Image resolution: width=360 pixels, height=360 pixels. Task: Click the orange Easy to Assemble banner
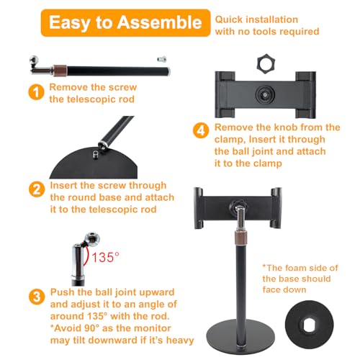click(125, 23)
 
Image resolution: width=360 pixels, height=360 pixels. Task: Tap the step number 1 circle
click(36, 92)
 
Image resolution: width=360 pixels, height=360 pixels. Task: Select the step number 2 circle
click(37, 189)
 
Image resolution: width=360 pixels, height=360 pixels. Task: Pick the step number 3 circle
click(37, 297)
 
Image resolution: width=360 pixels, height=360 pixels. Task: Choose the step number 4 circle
click(201, 130)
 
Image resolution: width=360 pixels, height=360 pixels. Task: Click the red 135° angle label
click(106, 257)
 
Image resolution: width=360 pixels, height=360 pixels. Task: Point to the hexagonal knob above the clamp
click(266, 64)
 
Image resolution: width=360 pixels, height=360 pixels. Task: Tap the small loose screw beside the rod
click(162, 59)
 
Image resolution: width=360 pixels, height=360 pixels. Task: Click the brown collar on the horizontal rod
click(60, 71)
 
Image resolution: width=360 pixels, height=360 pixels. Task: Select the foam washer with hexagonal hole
click(310, 325)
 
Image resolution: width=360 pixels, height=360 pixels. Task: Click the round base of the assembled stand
click(240, 335)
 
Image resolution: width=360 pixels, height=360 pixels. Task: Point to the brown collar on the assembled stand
click(240, 238)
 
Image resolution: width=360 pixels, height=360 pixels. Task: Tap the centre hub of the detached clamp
click(265, 95)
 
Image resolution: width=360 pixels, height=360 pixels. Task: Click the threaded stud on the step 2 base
click(96, 155)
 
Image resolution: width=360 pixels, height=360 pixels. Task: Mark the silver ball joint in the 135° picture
click(92, 239)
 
